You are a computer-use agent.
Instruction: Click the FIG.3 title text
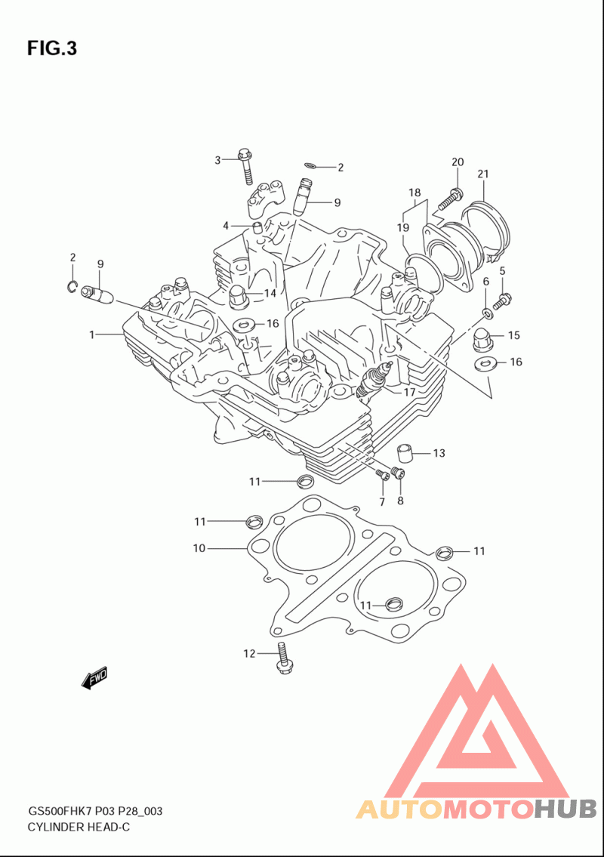(52, 48)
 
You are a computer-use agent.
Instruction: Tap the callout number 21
(482, 174)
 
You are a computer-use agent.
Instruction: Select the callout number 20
(458, 162)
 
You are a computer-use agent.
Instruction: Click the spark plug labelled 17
(374, 380)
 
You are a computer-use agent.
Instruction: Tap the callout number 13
(439, 453)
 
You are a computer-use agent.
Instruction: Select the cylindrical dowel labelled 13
(405, 453)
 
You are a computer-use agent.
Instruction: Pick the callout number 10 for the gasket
(199, 548)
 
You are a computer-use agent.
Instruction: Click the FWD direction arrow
(94, 678)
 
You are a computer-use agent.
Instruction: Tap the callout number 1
(92, 334)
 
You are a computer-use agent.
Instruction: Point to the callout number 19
(403, 227)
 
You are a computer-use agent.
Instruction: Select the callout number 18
(414, 193)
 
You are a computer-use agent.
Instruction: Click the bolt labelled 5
(502, 300)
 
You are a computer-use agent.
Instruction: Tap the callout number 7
(382, 502)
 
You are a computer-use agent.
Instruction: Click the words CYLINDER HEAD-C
(79, 827)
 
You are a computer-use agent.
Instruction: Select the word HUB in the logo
(565, 809)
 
